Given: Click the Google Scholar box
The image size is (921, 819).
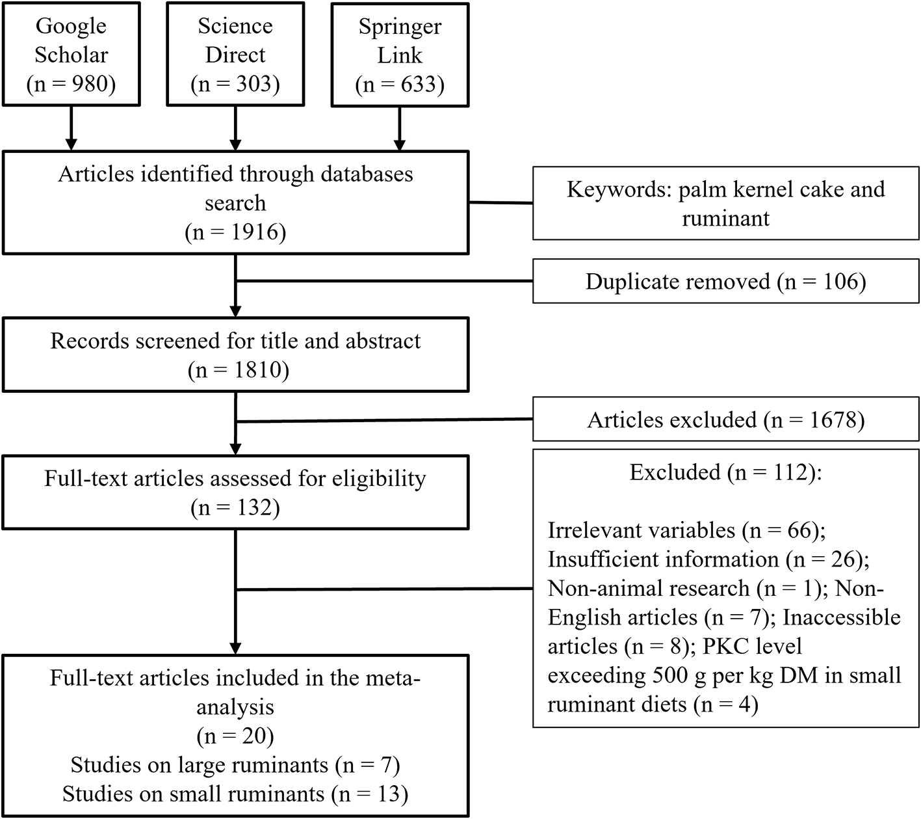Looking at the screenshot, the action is (71, 54).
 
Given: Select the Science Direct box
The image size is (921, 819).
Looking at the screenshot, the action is (235, 54).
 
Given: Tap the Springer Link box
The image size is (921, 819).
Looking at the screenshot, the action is (400, 55).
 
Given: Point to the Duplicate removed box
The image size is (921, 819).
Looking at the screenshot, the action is (726, 281).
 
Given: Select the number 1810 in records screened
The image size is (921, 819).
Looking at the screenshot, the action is (257, 370).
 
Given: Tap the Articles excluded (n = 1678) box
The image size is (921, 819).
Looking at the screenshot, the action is (726, 419).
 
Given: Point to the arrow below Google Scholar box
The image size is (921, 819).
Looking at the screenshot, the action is (71, 128).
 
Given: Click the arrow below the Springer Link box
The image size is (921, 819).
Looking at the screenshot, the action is (400, 129).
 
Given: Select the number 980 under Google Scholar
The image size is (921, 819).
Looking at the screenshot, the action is (90, 84).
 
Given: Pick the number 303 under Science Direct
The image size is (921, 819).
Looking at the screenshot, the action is (254, 84).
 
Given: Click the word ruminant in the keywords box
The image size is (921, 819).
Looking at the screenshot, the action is (726, 219).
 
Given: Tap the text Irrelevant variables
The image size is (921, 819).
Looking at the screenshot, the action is (642, 530).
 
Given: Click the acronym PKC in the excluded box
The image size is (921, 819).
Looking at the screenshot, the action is (725, 646).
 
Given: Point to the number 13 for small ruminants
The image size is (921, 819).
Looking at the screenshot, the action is (389, 794).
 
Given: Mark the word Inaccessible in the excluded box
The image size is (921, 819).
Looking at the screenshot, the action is (842, 617).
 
